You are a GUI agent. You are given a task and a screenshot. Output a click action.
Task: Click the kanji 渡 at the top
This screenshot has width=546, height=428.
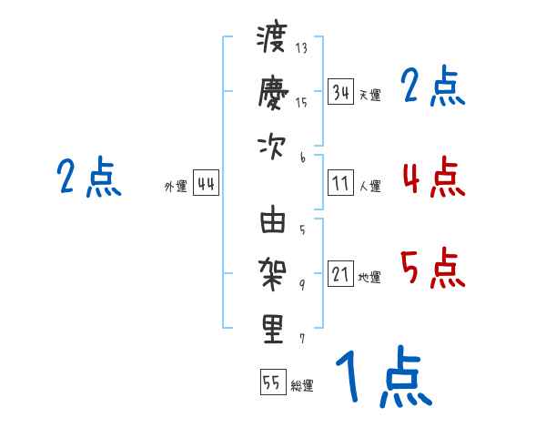(x=272, y=39)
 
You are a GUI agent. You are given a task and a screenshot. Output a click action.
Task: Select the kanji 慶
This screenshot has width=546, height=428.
(x=272, y=92)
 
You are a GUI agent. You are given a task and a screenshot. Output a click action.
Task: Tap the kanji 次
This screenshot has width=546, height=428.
(x=272, y=146)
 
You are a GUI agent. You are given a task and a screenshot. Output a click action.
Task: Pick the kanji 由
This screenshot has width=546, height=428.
(x=272, y=222)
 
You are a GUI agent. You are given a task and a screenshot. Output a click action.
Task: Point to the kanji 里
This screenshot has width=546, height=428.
(x=272, y=329)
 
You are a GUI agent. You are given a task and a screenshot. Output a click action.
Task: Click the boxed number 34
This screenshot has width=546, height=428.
(x=341, y=92)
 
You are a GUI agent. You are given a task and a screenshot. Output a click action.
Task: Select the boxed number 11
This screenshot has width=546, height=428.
(x=341, y=184)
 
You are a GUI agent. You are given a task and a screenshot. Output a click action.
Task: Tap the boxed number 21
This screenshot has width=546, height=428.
(x=341, y=275)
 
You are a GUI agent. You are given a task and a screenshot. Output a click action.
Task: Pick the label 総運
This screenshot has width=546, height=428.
(x=302, y=385)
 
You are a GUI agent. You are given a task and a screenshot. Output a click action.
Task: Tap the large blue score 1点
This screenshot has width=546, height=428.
(x=382, y=378)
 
